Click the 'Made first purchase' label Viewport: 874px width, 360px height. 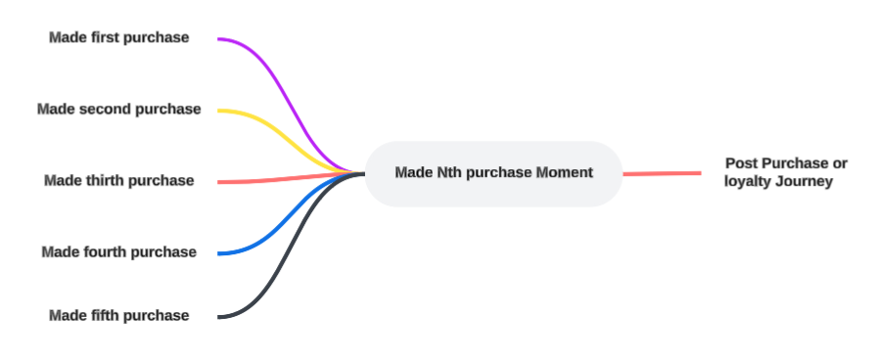tap(118, 37)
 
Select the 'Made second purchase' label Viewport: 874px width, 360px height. tap(118, 109)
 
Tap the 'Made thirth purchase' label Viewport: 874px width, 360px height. tap(118, 181)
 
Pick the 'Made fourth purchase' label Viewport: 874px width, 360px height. tap(118, 251)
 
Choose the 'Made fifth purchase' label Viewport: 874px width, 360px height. tap(118, 315)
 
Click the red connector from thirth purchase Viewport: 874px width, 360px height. tap(291, 178)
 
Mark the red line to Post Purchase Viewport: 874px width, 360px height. tap(662, 174)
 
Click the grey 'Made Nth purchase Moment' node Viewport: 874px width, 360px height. tap(493, 174)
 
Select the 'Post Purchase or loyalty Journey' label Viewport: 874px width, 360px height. tap(785, 172)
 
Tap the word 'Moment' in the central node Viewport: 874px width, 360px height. tap(564, 173)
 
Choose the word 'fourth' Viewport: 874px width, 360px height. tap(106, 251)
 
